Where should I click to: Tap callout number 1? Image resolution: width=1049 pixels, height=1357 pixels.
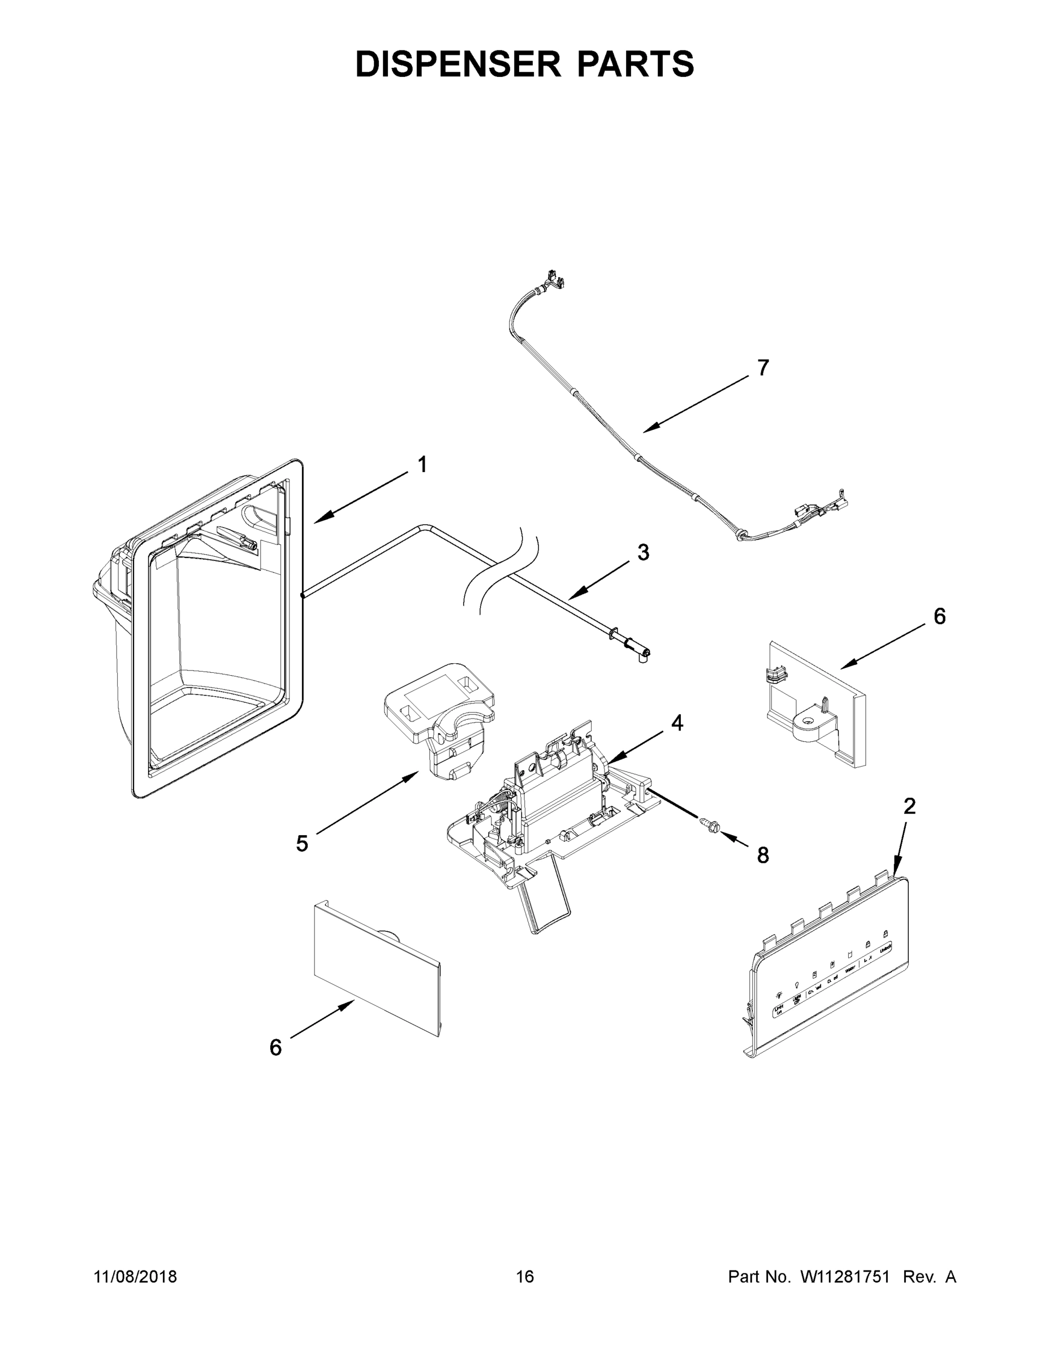coord(422,464)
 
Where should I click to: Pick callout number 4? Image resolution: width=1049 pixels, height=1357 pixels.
coord(677,722)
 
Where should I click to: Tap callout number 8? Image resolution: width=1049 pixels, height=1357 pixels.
coord(763,855)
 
